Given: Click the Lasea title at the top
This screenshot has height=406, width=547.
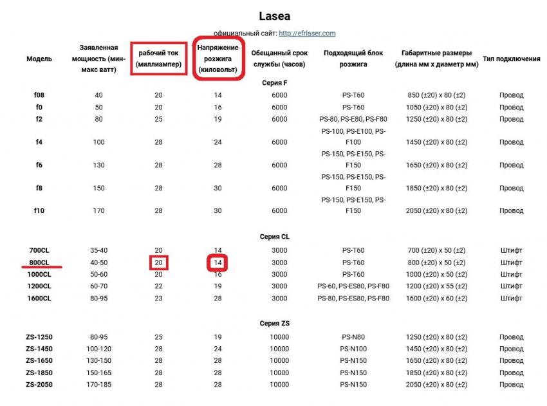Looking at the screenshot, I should pyautogui.click(x=274, y=15).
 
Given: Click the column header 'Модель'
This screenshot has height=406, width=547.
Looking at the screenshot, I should pyautogui.click(x=39, y=59).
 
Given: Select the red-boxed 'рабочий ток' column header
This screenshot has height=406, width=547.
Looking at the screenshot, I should pyautogui.click(x=158, y=59).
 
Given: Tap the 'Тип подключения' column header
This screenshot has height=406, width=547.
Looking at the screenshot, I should pyautogui.click(x=511, y=59).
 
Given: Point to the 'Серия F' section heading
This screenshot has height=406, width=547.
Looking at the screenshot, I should pyautogui.click(x=275, y=82).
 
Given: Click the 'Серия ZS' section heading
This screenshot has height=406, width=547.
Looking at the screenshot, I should pyautogui.click(x=275, y=323).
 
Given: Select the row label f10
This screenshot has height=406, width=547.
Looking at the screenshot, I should pyautogui.click(x=39, y=210).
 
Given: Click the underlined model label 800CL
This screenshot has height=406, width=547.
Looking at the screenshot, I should pyautogui.click(x=39, y=263).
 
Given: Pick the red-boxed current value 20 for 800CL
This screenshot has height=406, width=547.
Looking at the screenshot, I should pyautogui.click(x=158, y=263).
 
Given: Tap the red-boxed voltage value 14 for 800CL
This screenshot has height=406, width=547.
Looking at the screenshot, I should pyautogui.click(x=218, y=263).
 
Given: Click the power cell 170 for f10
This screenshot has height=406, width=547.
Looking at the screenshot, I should pyautogui.click(x=98, y=210).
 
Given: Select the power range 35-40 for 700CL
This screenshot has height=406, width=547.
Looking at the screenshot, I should pyautogui.click(x=98, y=250).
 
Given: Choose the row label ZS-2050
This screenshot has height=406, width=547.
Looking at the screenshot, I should pyautogui.click(x=39, y=384).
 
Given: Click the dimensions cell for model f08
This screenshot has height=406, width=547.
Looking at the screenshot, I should pyautogui.click(x=438, y=95).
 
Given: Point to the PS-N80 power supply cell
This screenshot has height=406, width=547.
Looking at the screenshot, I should pyautogui.click(x=353, y=337).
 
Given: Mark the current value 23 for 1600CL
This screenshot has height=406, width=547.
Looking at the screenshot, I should pyautogui.click(x=158, y=299).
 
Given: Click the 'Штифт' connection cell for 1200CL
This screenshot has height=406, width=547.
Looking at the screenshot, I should pyautogui.click(x=511, y=286).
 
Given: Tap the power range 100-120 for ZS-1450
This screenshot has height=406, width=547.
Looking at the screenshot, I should pyautogui.click(x=98, y=349).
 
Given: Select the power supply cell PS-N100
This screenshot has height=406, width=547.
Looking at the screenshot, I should pyautogui.click(x=353, y=349).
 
